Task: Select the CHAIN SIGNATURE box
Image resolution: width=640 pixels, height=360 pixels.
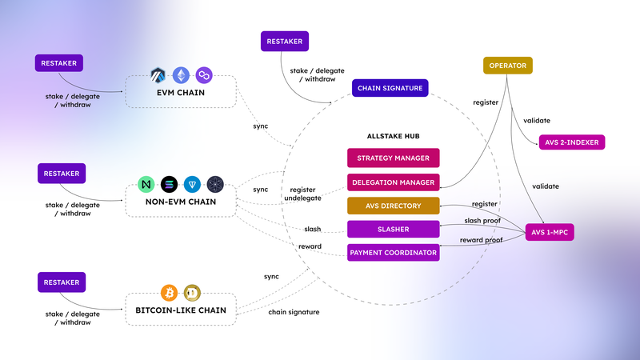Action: pyautogui.click(x=390, y=88)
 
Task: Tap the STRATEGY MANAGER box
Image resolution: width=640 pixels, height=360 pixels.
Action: pyautogui.click(x=394, y=158)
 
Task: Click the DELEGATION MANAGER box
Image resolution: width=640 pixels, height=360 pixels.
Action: pyautogui.click(x=394, y=182)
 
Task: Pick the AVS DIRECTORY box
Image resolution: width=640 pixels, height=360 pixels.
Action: pyautogui.click(x=394, y=206)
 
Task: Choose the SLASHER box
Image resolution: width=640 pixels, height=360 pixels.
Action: pyautogui.click(x=394, y=230)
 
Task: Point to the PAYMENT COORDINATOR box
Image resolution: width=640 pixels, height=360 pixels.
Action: pyautogui.click(x=394, y=253)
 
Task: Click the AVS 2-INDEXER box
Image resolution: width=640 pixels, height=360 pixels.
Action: pyautogui.click(x=572, y=142)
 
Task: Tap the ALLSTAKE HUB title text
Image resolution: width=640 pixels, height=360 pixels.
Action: pyautogui.click(x=393, y=136)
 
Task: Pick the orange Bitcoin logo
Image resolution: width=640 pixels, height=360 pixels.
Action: pyautogui.click(x=169, y=292)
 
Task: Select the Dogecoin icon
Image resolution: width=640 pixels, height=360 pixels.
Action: pyautogui.click(x=192, y=292)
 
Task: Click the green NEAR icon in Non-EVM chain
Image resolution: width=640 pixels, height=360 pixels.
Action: pyautogui.click(x=146, y=184)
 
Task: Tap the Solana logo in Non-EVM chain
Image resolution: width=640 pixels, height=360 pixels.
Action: pyautogui.click(x=169, y=184)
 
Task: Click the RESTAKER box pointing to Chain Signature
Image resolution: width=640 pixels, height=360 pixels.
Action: pyautogui.click(x=284, y=42)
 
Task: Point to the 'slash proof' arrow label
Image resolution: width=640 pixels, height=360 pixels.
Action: pyautogui.click(x=484, y=220)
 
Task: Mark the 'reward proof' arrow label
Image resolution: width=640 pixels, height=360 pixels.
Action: pyautogui.click(x=481, y=240)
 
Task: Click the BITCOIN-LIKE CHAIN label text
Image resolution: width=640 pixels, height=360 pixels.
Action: pyautogui.click(x=181, y=310)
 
